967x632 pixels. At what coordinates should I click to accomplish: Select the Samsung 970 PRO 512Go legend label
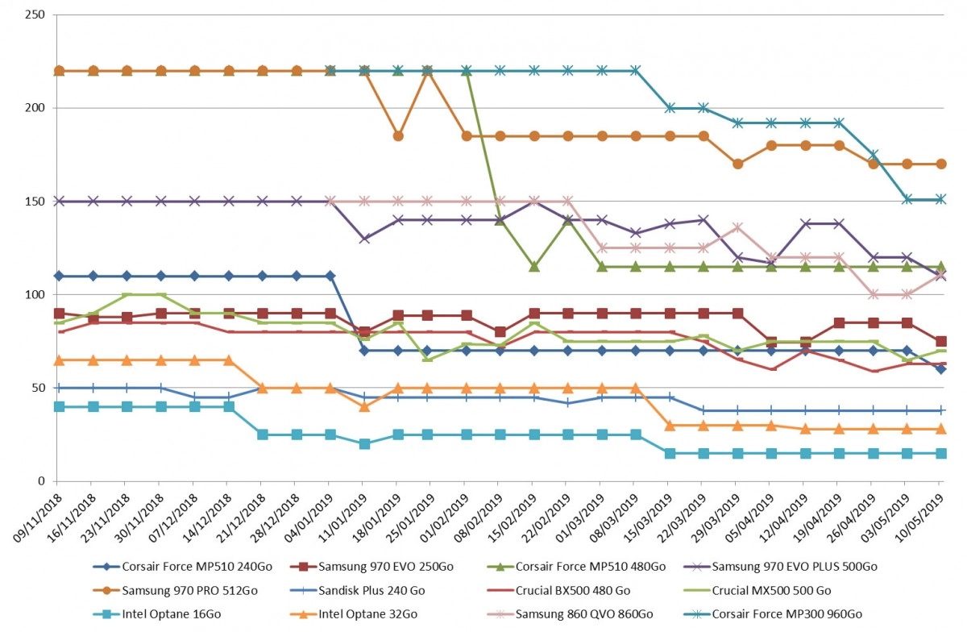point(176,590)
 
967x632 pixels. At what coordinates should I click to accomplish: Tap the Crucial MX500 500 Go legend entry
point(758,590)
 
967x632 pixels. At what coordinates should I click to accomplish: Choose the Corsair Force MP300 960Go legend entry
point(774,613)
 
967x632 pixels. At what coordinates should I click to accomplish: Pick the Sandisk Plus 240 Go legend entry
point(358,590)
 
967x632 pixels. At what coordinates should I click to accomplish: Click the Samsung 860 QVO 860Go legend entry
point(570,613)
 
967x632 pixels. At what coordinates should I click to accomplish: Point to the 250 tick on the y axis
point(35,15)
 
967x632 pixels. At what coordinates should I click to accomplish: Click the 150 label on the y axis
point(35,202)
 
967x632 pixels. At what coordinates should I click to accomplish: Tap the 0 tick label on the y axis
point(41,481)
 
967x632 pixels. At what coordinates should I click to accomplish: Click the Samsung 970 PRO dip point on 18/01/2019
point(398,136)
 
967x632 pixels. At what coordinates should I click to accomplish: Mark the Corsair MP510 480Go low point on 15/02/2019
point(534,267)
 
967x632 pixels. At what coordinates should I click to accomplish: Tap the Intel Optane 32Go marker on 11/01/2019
point(364,406)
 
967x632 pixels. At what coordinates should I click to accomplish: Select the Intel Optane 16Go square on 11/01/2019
point(364,443)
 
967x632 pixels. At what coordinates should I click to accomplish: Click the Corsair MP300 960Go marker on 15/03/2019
point(670,108)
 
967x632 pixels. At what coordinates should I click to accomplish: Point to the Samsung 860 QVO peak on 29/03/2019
point(738,227)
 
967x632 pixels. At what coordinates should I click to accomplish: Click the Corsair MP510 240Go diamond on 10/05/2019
point(941,369)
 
